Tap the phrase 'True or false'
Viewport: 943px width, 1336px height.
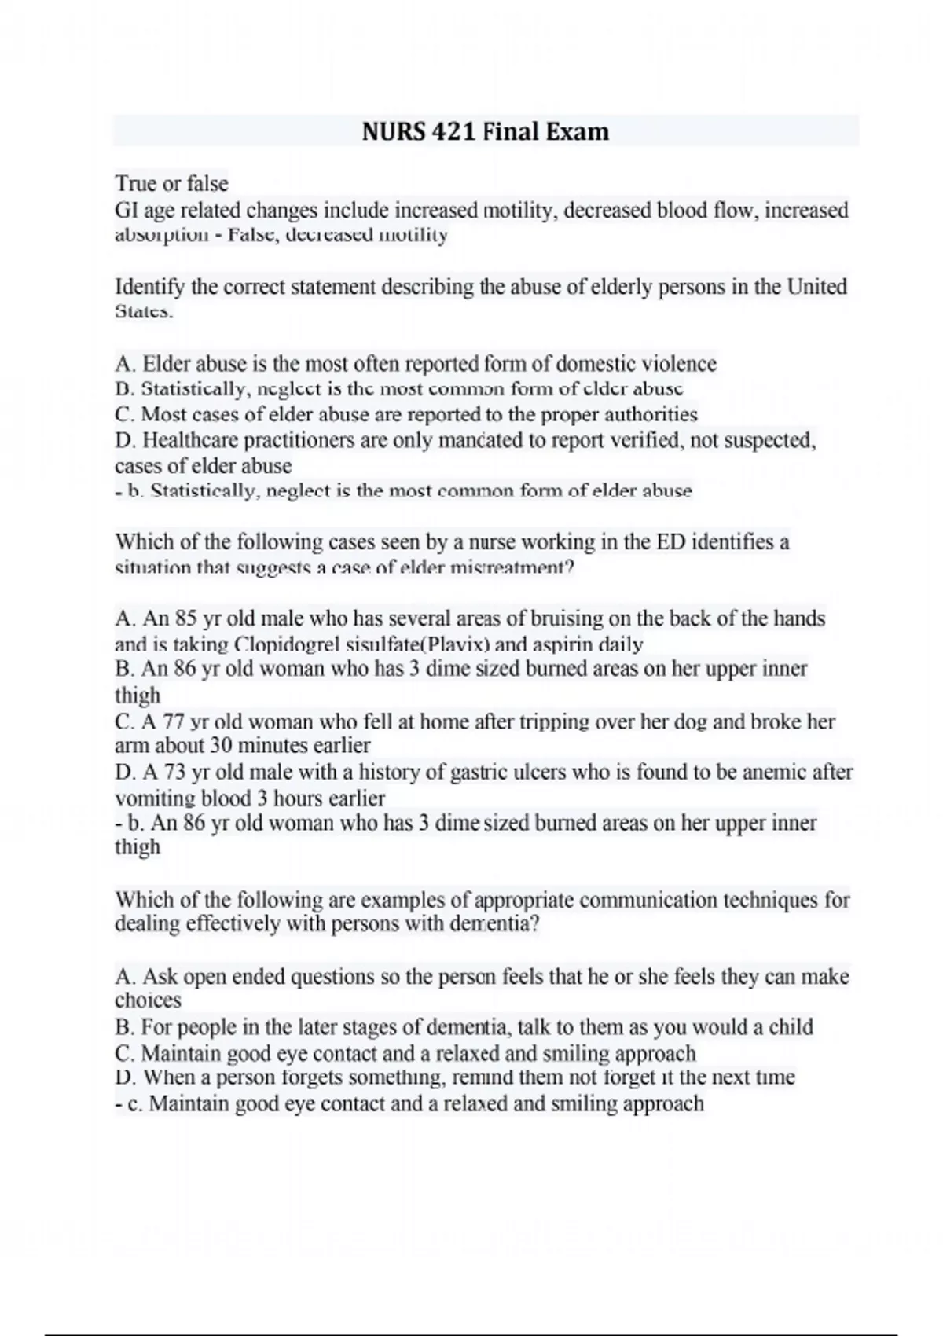click(172, 184)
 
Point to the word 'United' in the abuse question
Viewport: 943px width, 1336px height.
click(817, 287)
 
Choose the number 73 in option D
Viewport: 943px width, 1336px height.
click(174, 773)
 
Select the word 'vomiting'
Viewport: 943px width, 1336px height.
click(155, 798)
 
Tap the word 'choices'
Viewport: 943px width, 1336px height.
click(148, 1000)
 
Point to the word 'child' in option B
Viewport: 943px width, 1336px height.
click(792, 1027)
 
